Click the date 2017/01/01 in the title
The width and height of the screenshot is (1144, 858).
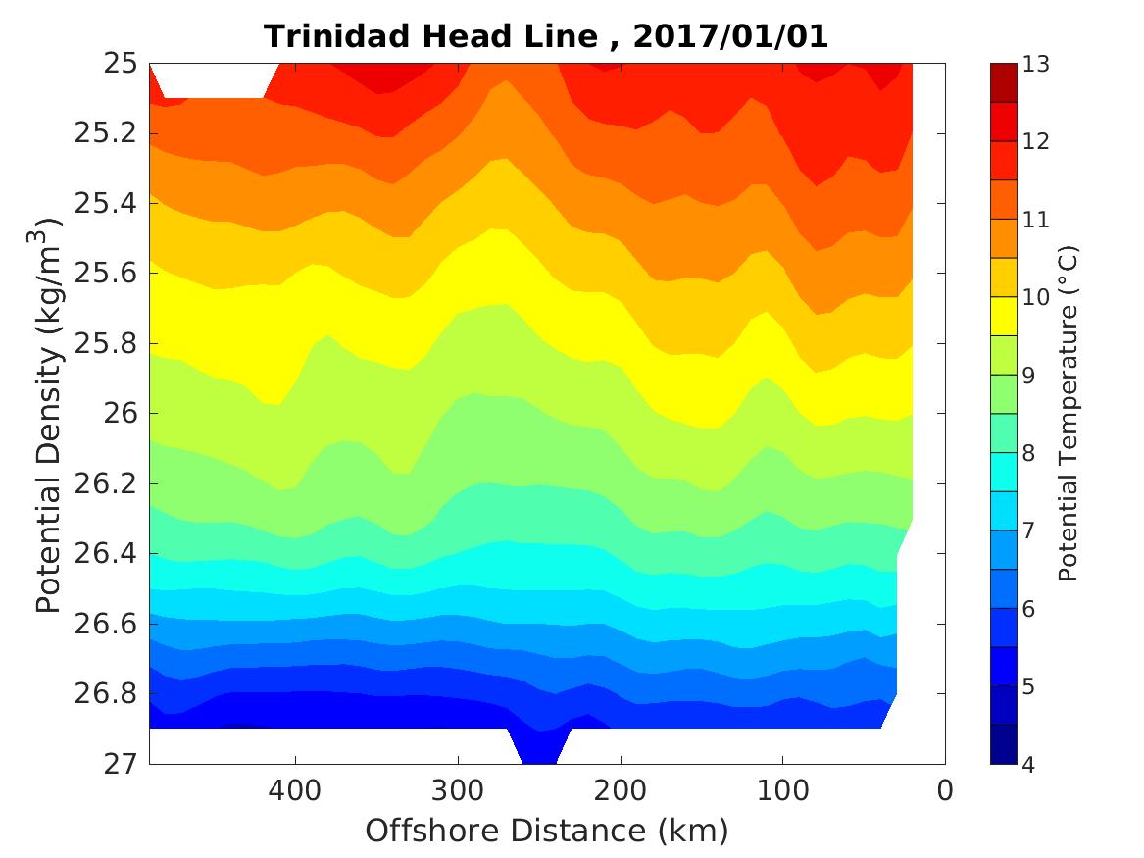tap(730, 36)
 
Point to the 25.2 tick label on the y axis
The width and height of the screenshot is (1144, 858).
tap(107, 134)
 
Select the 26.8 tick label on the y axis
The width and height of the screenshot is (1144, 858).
tap(107, 694)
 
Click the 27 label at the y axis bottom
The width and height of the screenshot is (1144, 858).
tap(119, 764)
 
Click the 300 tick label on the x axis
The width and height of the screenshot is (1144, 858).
tap(457, 790)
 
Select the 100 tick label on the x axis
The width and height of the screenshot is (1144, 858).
tap(782, 790)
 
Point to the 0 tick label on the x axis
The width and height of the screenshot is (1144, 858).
tap(945, 790)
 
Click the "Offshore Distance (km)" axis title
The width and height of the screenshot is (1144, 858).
tap(547, 831)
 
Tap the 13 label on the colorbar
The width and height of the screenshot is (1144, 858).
tap(1036, 65)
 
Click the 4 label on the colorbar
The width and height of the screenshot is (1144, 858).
tap(1029, 764)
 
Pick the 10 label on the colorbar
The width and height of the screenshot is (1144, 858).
tap(1036, 297)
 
